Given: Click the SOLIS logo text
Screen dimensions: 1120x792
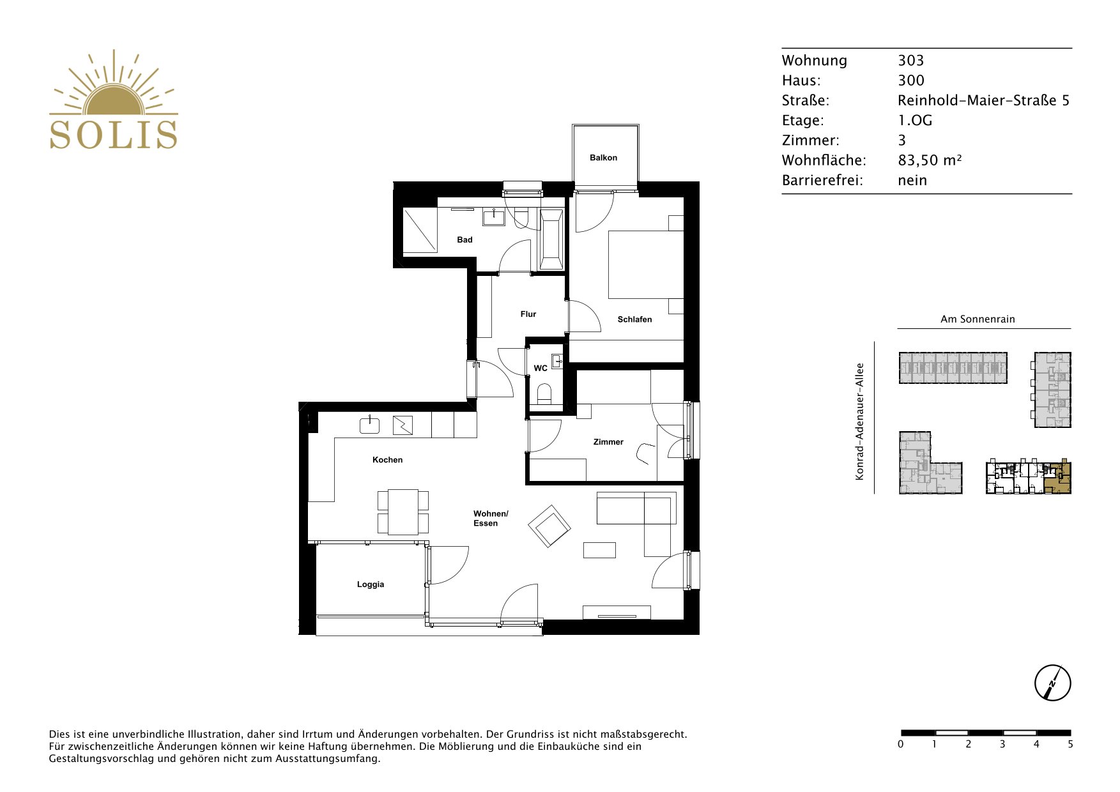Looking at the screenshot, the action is click(114, 134).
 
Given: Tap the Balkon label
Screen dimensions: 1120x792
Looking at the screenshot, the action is click(603, 158).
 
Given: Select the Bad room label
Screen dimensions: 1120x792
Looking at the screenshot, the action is click(464, 240).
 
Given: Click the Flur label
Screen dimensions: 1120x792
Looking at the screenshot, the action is click(528, 314).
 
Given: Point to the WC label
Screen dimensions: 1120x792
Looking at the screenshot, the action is click(541, 368).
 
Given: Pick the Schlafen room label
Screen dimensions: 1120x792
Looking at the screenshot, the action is click(634, 319).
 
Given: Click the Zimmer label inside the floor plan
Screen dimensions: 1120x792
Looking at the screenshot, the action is click(608, 441).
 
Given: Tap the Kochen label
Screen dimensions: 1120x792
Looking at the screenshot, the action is click(388, 460).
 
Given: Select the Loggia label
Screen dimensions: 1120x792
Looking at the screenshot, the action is click(371, 584).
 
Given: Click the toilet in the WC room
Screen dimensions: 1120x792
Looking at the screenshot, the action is click(545, 393).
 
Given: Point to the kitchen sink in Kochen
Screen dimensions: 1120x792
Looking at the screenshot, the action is click(370, 425).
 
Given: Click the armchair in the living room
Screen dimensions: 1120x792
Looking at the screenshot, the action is click(549, 526).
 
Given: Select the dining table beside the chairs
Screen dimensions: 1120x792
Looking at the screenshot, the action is click(403, 512).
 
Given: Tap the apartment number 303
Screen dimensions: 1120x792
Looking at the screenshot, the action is click(911, 61).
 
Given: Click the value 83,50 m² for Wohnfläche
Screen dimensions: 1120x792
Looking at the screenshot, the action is click(930, 160).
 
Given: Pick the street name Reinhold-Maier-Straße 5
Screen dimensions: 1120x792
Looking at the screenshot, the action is click(983, 100).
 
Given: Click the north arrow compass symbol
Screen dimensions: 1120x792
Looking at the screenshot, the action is click(1052, 683).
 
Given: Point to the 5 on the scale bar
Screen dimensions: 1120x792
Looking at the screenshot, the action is click(1070, 744).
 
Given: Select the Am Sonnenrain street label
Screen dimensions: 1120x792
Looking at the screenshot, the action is click(978, 319).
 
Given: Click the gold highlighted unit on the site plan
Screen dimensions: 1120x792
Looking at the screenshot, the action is click(1057, 478).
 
